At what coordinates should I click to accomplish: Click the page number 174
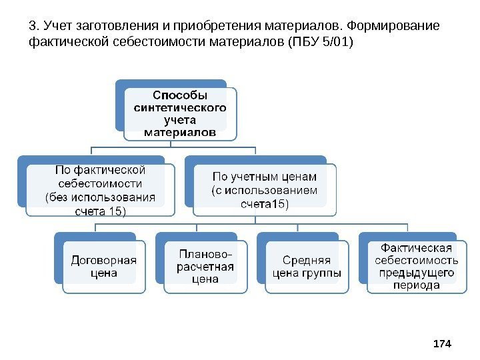point(442,343)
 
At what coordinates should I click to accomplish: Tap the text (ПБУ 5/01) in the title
point(319,43)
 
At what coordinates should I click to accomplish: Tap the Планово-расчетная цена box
point(205,266)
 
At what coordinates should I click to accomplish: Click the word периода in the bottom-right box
point(417,285)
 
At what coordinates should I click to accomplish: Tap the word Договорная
point(103,260)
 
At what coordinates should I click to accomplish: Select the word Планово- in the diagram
point(206,254)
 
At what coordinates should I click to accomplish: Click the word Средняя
point(307,260)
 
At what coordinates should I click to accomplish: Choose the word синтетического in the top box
point(180,107)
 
